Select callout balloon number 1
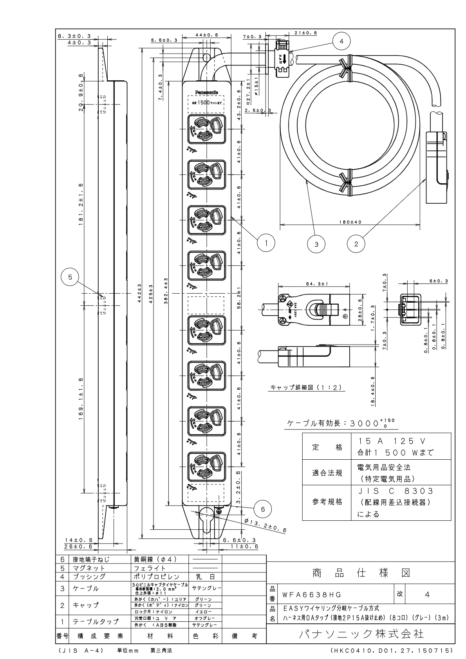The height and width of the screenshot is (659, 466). [266, 243]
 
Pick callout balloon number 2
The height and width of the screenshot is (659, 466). [356, 244]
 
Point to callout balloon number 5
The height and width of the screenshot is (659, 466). [70, 277]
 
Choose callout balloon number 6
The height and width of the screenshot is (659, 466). [263, 509]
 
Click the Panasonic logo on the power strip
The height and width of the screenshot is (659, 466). [207, 92]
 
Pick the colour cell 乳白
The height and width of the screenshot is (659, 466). [205, 577]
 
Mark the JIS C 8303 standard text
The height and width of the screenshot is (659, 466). [396, 491]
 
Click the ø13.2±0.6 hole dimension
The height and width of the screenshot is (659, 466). [265, 525]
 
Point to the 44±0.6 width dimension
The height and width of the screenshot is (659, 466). [207, 35]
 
